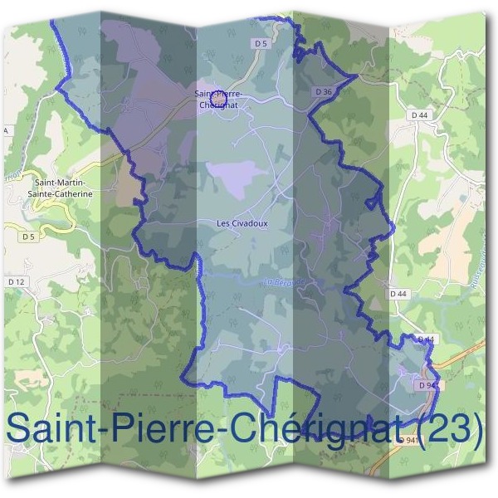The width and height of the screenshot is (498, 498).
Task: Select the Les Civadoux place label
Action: [242, 223]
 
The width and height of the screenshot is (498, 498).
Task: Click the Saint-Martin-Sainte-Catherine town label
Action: [63, 187]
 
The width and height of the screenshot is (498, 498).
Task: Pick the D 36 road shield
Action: [324, 91]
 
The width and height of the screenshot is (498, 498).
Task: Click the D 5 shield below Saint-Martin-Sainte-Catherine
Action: [29, 237]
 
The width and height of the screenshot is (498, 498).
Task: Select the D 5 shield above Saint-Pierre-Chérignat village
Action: [261, 43]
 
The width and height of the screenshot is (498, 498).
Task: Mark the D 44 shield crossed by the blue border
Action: [425, 339]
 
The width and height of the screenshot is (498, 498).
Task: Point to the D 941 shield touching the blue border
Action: [428, 386]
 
